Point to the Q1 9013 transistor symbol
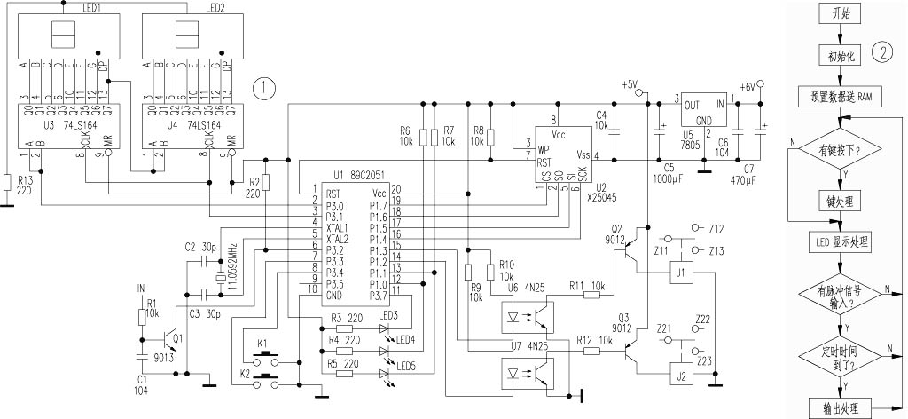pyautogui.click(x=167, y=338)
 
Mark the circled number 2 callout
pyautogui.click(x=883, y=51)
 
